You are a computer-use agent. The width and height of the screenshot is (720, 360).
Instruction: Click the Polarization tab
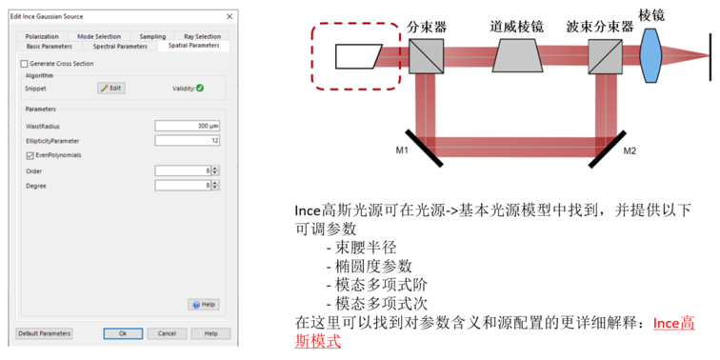[x=42, y=36]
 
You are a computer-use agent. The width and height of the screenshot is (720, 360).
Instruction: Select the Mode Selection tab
[x=99, y=36]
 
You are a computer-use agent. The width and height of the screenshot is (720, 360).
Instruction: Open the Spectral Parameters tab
[x=120, y=47]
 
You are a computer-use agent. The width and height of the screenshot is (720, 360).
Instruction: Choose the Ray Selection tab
[x=202, y=36]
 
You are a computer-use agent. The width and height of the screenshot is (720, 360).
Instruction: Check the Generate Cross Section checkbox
[x=25, y=64]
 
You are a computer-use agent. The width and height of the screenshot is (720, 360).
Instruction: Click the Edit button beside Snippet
[x=111, y=89]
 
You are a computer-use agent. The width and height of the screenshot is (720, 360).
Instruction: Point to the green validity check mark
[x=200, y=89]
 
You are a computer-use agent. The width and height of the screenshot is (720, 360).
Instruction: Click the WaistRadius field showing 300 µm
[x=187, y=126]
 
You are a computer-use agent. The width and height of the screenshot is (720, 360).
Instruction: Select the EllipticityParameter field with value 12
[x=187, y=141]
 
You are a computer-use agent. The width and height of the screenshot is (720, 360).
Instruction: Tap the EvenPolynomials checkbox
[x=30, y=155]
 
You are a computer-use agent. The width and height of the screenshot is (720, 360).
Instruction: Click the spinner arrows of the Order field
[x=215, y=171]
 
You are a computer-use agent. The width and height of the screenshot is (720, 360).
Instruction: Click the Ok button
[x=123, y=334]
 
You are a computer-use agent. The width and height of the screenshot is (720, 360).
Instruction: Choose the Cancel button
[x=168, y=334]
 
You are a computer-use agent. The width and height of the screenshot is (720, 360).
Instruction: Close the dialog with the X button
[x=230, y=16]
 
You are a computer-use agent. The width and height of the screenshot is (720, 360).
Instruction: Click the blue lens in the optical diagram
[x=650, y=55]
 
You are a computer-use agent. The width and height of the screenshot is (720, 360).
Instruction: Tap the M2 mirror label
[x=630, y=151]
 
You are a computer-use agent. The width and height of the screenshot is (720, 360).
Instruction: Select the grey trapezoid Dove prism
[x=517, y=55]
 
